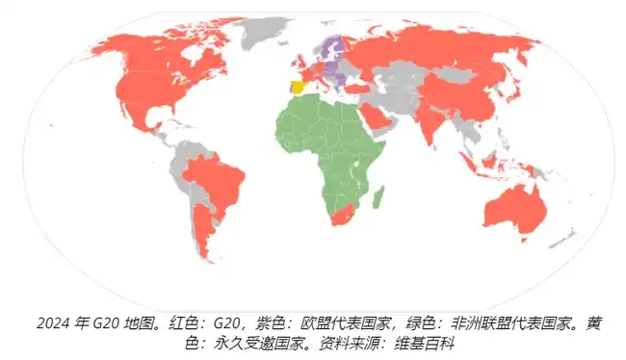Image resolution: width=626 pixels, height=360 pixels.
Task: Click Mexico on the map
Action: point(143,120)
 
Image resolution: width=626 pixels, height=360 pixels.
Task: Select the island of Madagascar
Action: point(378,197)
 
